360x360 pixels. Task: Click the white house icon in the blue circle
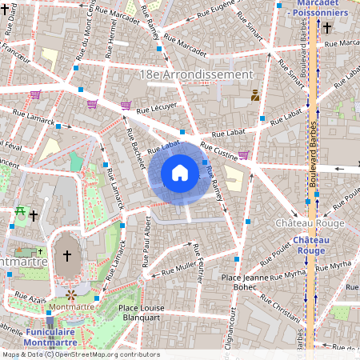tap(180, 172)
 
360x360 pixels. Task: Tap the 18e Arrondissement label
tap(196, 74)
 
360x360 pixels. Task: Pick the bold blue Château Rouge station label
tap(310, 245)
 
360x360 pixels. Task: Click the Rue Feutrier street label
tap(200, 272)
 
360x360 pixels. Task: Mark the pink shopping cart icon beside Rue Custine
tap(243, 155)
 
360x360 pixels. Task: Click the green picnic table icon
tap(20, 213)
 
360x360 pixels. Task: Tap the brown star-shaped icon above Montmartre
tap(70, 294)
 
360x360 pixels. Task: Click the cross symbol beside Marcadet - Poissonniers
tap(327, 28)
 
